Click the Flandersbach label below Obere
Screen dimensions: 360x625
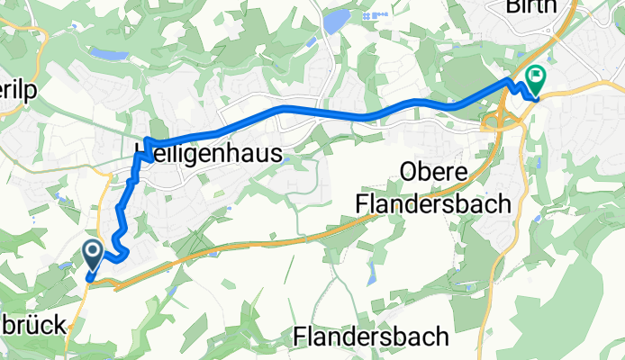click(433, 204)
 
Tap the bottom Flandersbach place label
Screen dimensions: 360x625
click(371, 337)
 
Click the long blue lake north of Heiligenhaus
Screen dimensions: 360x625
click(109, 55)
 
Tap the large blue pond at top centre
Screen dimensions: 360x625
click(334, 20)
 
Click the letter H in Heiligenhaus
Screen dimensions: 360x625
click(142, 153)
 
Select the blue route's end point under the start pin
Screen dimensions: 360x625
click(90, 278)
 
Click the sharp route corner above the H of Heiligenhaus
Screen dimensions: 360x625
click(146, 140)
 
